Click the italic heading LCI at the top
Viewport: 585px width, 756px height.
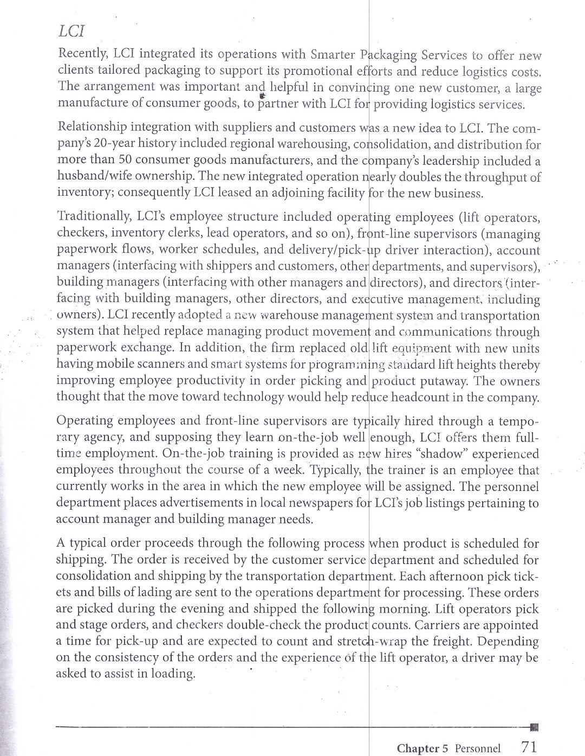[71, 31]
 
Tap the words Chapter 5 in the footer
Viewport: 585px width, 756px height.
[422, 748]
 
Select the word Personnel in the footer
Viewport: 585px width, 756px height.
[478, 748]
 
